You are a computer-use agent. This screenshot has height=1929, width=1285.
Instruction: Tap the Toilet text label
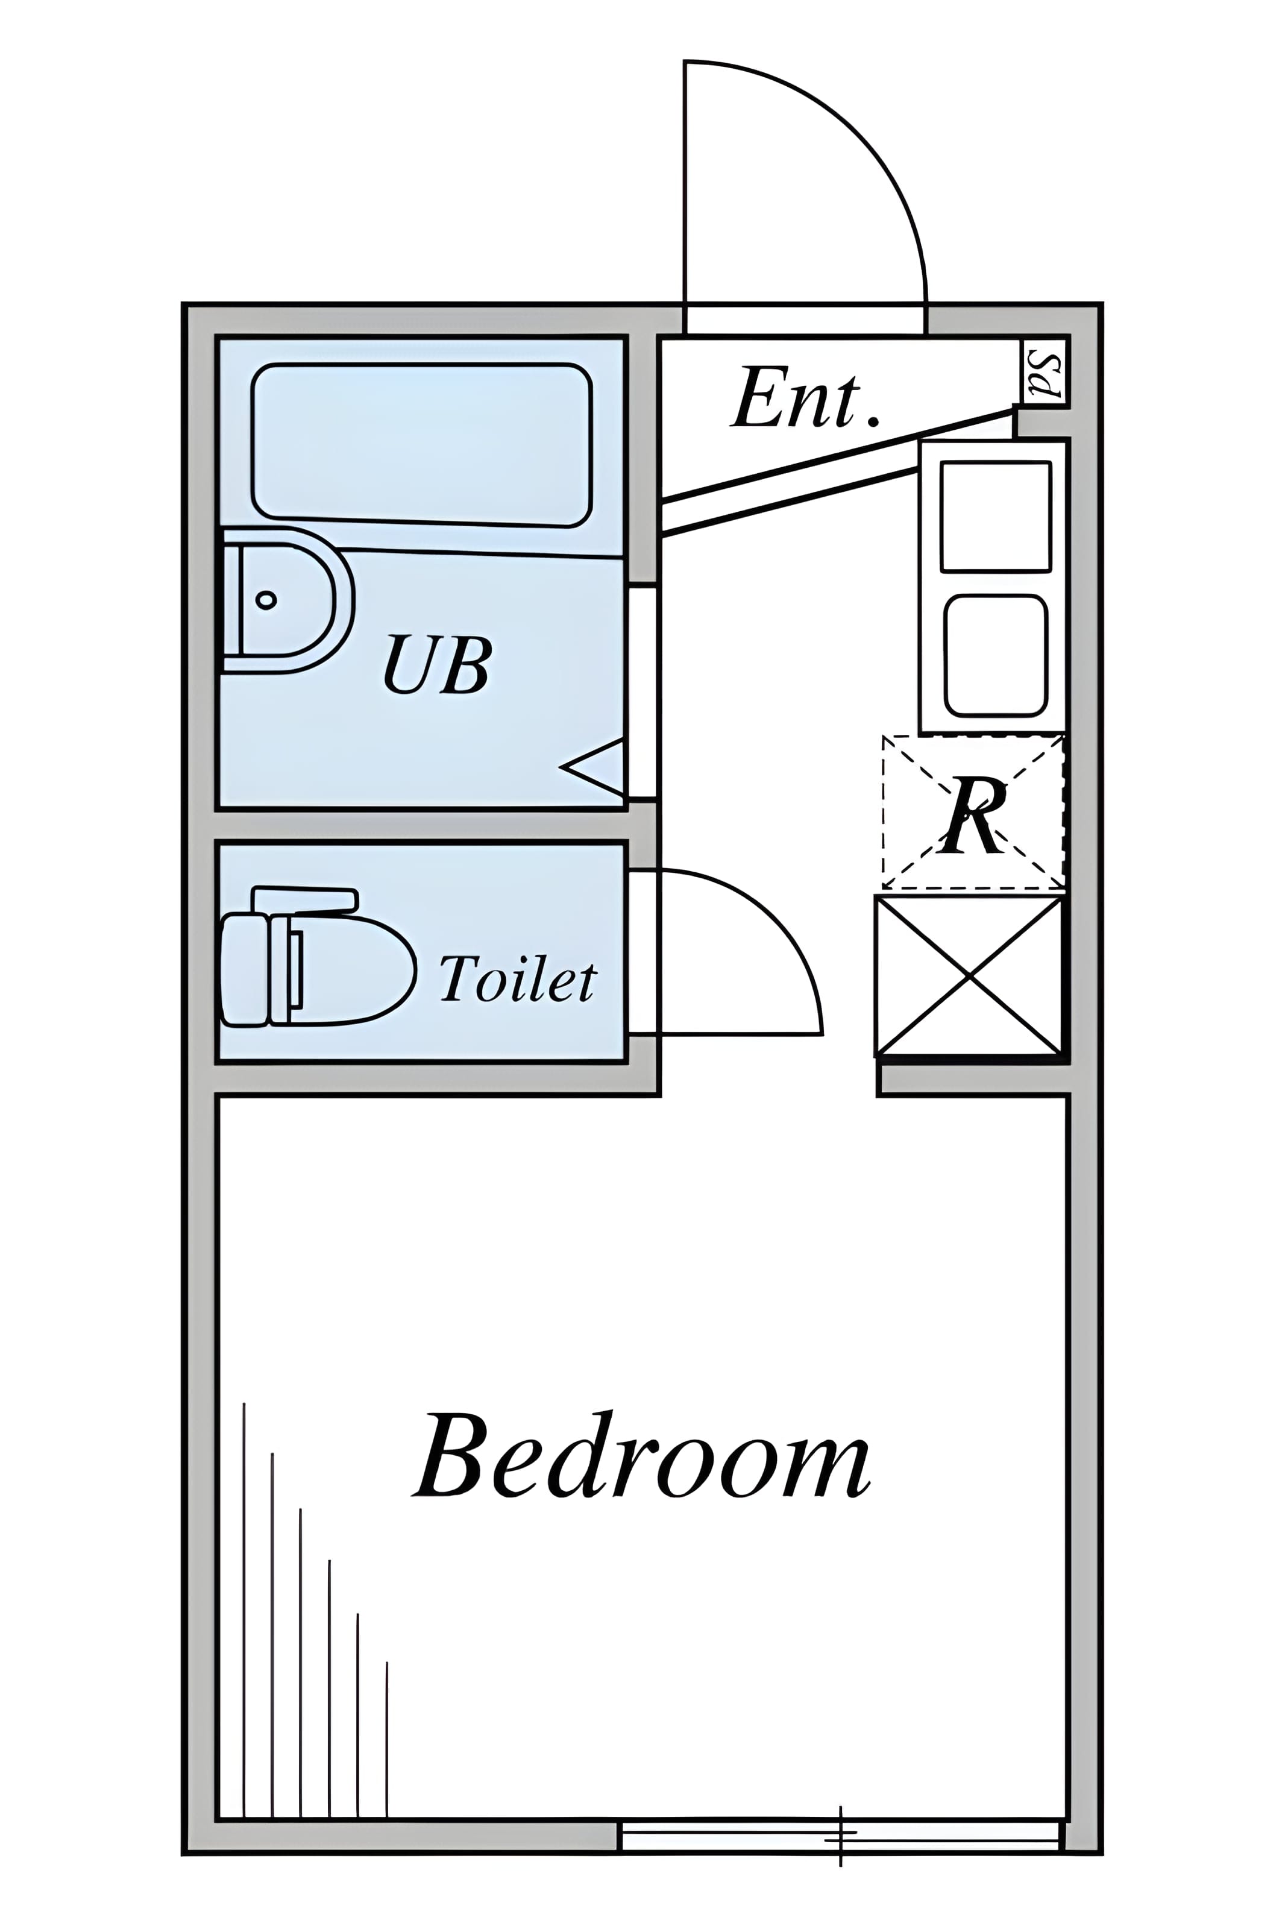[x=518, y=978]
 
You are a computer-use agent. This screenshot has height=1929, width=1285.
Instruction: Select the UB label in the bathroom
[x=438, y=664]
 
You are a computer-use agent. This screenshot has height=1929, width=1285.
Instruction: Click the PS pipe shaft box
[x=1044, y=371]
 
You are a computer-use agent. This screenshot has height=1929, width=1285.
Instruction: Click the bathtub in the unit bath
[x=422, y=444]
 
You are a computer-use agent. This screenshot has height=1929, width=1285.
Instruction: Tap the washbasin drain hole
[x=266, y=600]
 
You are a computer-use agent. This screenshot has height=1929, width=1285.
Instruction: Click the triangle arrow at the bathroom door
[x=592, y=767]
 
